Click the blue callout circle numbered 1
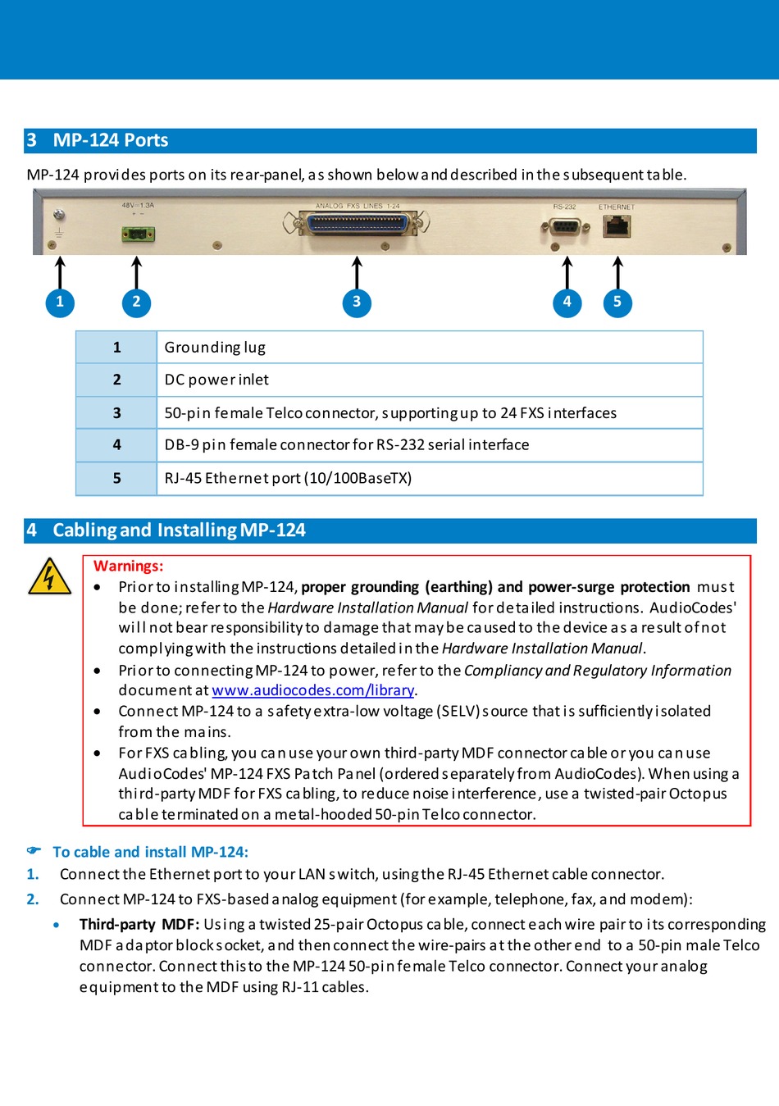tap(60, 302)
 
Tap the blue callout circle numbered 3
tap(357, 302)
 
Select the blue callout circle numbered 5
tap(617, 302)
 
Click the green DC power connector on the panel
tap(139, 234)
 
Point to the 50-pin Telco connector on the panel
tap(357, 223)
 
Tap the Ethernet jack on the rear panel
tap(617, 225)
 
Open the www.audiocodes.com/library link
tap(312, 690)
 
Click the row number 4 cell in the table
tap(116, 444)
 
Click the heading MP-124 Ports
tap(111, 140)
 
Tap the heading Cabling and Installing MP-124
tap(179, 530)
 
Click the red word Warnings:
tap(128, 566)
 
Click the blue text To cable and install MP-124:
tap(150, 852)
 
